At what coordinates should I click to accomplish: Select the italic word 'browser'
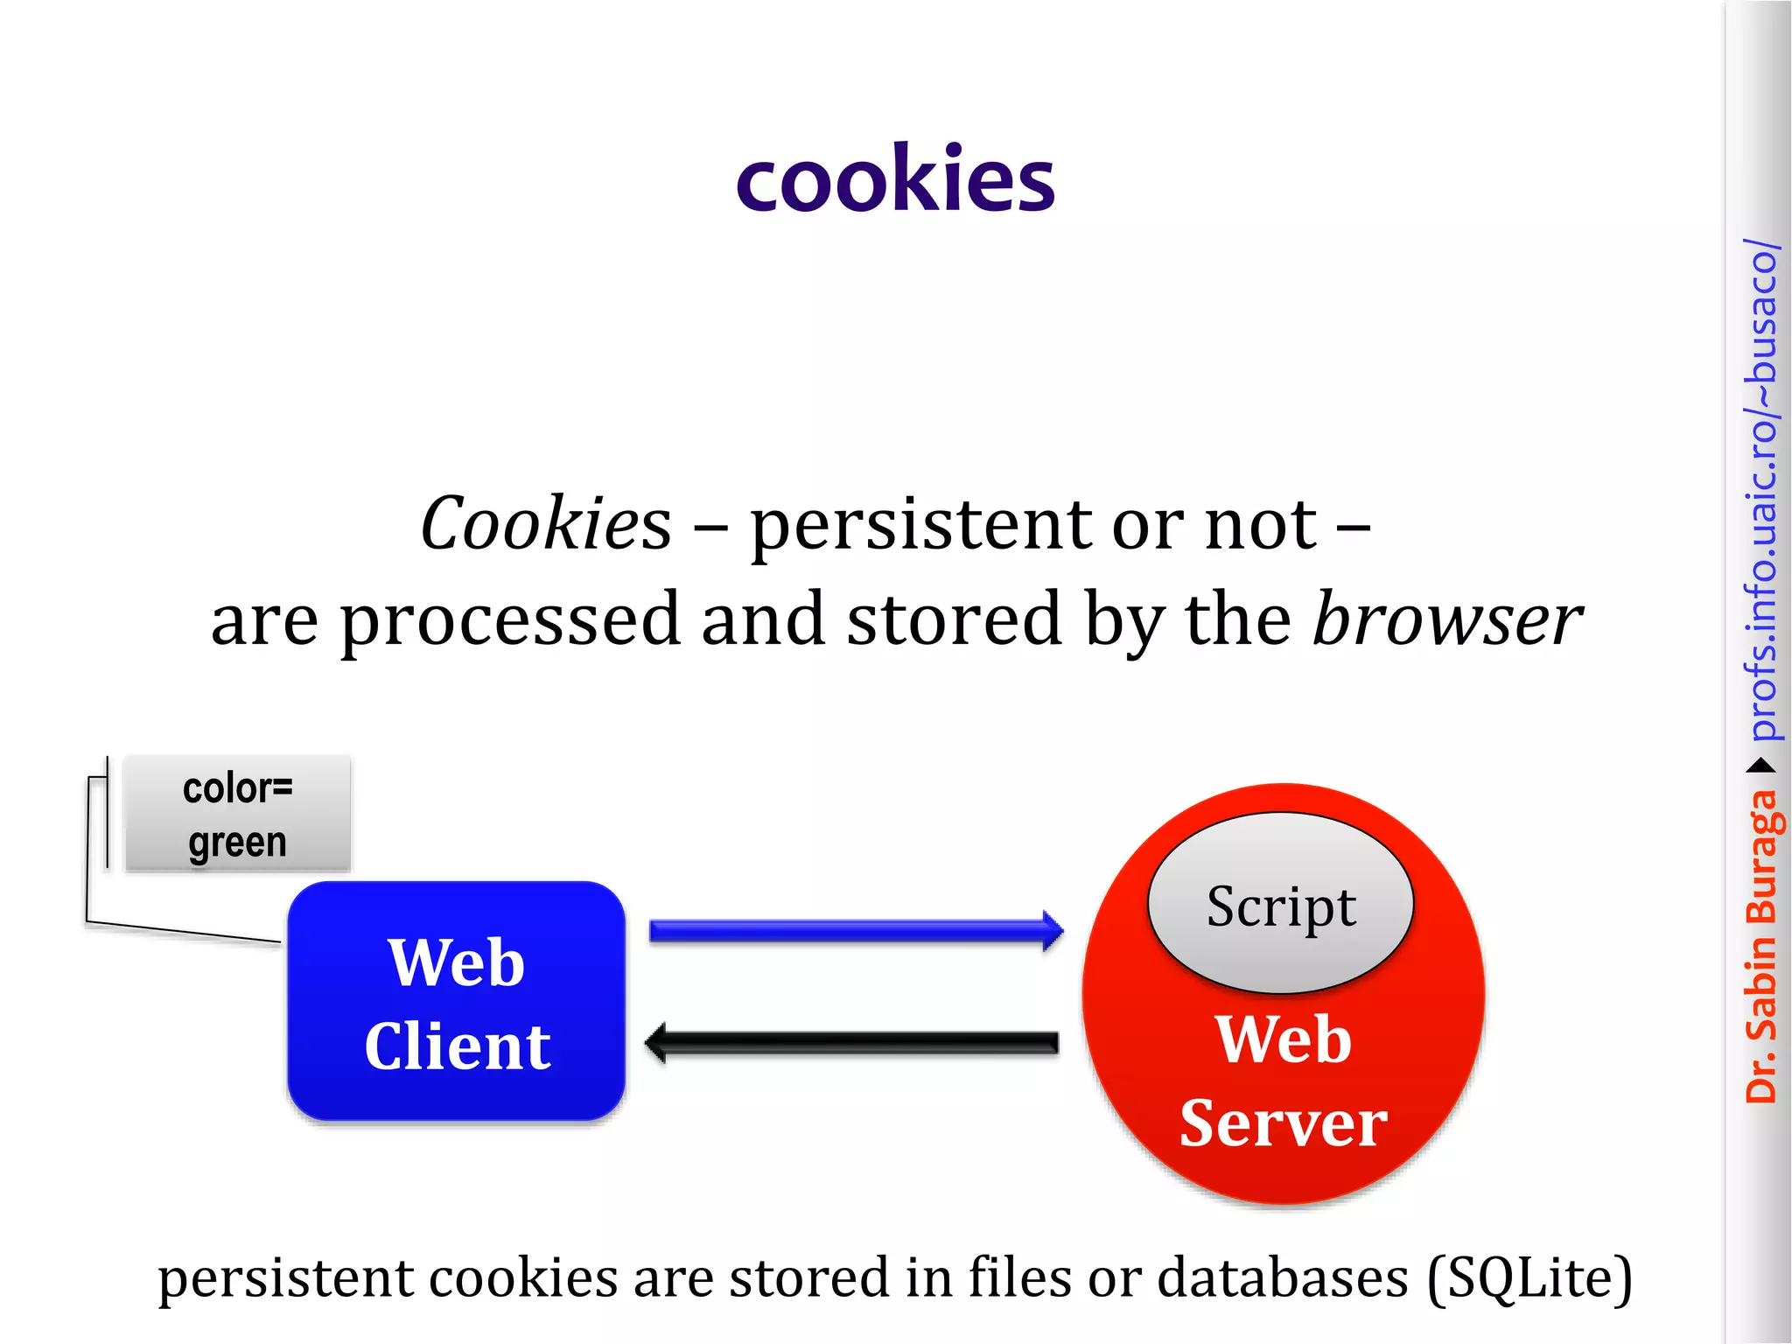click(1447, 619)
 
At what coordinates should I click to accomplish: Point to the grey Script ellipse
click(1280, 904)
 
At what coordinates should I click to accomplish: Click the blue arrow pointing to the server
click(855, 931)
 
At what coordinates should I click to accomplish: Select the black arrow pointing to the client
click(852, 1042)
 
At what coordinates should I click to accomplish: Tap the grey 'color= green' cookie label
click(237, 814)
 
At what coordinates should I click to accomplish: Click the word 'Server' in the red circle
click(1283, 1123)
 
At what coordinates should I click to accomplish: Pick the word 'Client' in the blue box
click(458, 1046)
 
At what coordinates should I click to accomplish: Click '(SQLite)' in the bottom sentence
click(1529, 1278)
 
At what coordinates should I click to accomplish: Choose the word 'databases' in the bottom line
click(1283, 1277)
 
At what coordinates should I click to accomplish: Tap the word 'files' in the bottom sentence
click(1019, 1277)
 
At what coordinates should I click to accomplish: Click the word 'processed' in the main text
click(510, 619)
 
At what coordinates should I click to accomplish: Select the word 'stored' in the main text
click(955, 619)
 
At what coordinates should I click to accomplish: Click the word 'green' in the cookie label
click(237, 843)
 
